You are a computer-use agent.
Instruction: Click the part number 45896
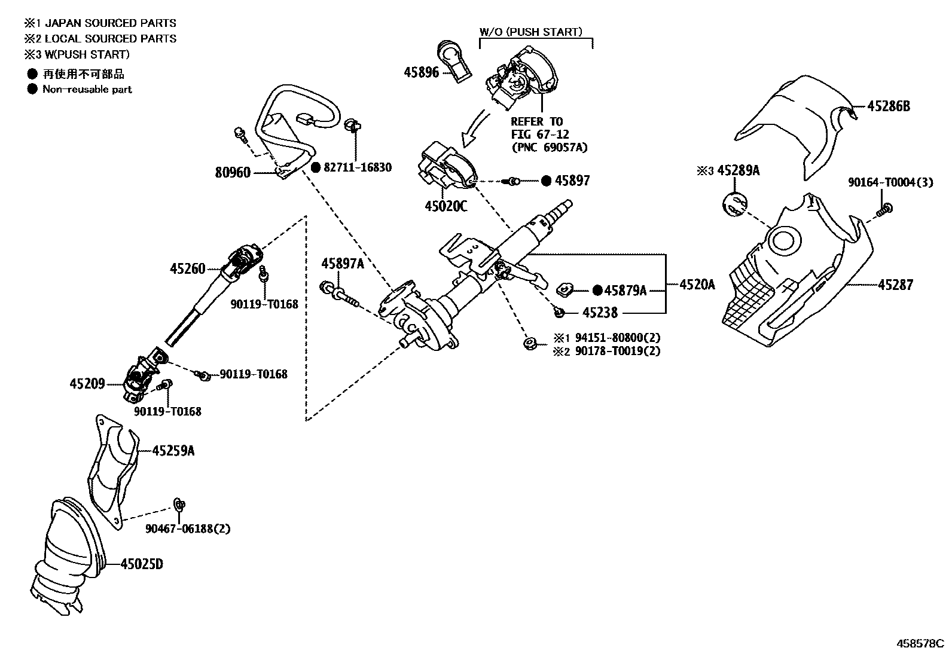pos(421,72)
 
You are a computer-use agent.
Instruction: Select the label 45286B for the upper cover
pos(888,106)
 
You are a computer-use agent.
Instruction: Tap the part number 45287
pos(895,285)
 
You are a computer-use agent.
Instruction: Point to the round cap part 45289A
pos(735,204)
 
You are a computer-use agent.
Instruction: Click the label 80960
pos(233,173)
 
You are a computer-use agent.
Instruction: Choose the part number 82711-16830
pos(358,167)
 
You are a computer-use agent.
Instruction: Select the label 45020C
pos(446,206)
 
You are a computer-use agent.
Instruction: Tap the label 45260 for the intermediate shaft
pos(187,269)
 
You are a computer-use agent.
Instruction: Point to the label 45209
pos(87,383)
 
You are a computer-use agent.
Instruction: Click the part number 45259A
pos(173,451)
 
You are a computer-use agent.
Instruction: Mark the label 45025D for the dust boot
pos(142,564)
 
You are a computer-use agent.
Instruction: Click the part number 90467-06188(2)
pos(188,528)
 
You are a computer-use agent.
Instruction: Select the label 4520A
pos(697,285)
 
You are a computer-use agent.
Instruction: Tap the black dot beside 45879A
pos(597,291)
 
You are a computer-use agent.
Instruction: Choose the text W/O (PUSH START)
pos(530,32)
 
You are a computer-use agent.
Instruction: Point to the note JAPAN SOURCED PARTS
pos(111,23)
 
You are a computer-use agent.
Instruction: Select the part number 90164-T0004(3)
pos(890,182)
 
